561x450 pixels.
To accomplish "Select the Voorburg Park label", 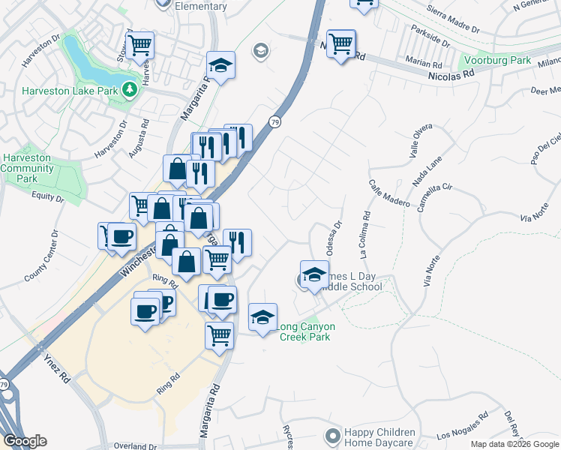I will (x=496, y=60).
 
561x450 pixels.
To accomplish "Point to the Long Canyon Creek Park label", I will (x=305, y=331).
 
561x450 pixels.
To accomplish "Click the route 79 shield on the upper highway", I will (x=275, y=121).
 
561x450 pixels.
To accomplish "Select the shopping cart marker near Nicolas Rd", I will (x=341, y=43).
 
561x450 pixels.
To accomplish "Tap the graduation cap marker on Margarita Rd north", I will (x=220, y=65).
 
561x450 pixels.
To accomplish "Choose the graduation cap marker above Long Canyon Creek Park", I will (x=262, y=317).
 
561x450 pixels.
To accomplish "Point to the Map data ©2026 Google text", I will (x=514, y=444).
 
